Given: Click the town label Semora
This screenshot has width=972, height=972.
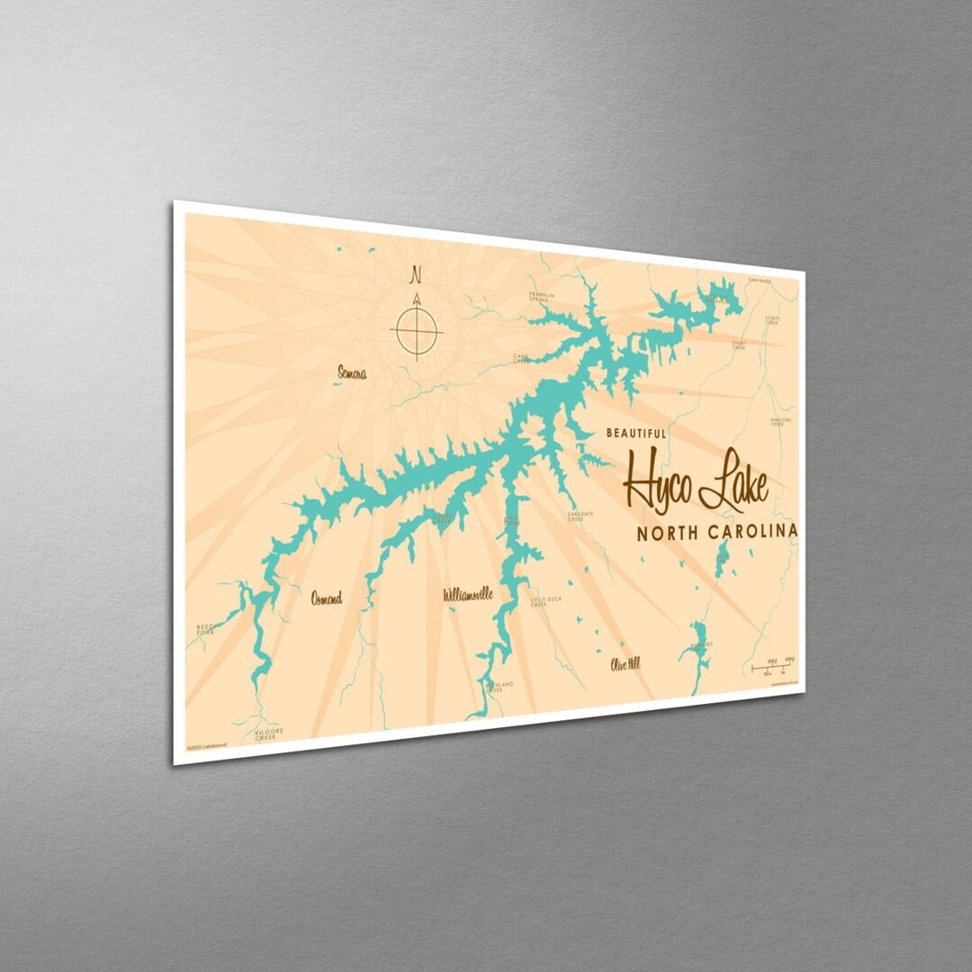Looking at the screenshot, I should tap(351, 372).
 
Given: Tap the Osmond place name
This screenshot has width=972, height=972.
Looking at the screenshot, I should tap(326, 598).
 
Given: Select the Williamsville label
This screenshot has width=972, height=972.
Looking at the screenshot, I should tap(468, 595).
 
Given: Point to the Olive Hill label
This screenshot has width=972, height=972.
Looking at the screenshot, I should tap(625, 664).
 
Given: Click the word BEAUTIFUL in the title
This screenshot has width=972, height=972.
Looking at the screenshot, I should tap(636, 433).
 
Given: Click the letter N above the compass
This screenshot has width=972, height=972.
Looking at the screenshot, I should tap(415, 273).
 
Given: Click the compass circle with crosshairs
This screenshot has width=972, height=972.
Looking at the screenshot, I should tap(416, 330).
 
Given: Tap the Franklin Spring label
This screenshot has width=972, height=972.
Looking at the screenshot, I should tap(543, 296).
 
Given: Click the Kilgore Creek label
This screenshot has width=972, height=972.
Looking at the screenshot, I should tap(268, 733).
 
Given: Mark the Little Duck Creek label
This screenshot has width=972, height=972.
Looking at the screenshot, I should tap(540, 601).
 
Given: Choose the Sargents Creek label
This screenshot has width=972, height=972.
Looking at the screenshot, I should tap(580, 517).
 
